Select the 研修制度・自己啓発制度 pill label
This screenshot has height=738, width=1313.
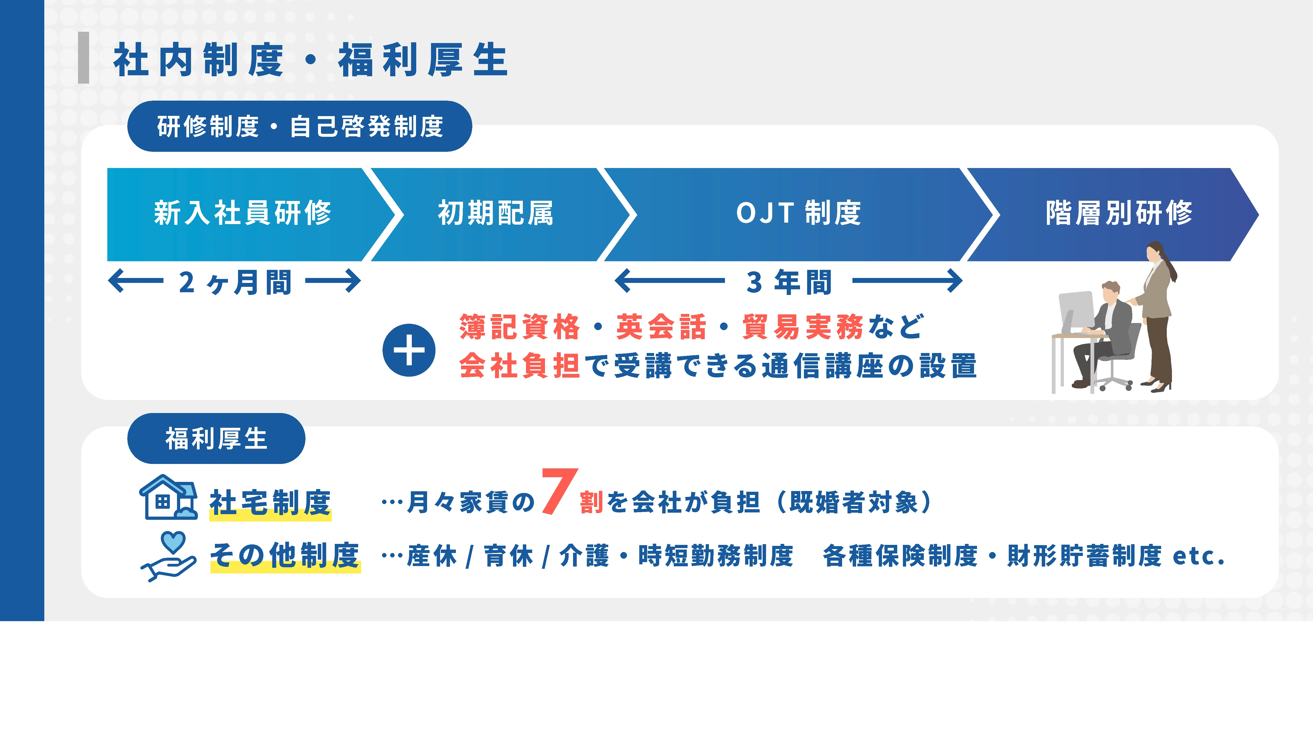pyautogui.click(x=300, y=126)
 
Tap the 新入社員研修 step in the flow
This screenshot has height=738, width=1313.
pyautogui.click(x=243, y=213)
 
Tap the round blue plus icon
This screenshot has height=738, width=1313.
pyautogui.click(x=409, y=350)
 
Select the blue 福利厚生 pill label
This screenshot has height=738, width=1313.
pyautogui.click(x=216, y=439)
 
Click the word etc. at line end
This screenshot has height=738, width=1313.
pyautogui.click(x=1198, y=556)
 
